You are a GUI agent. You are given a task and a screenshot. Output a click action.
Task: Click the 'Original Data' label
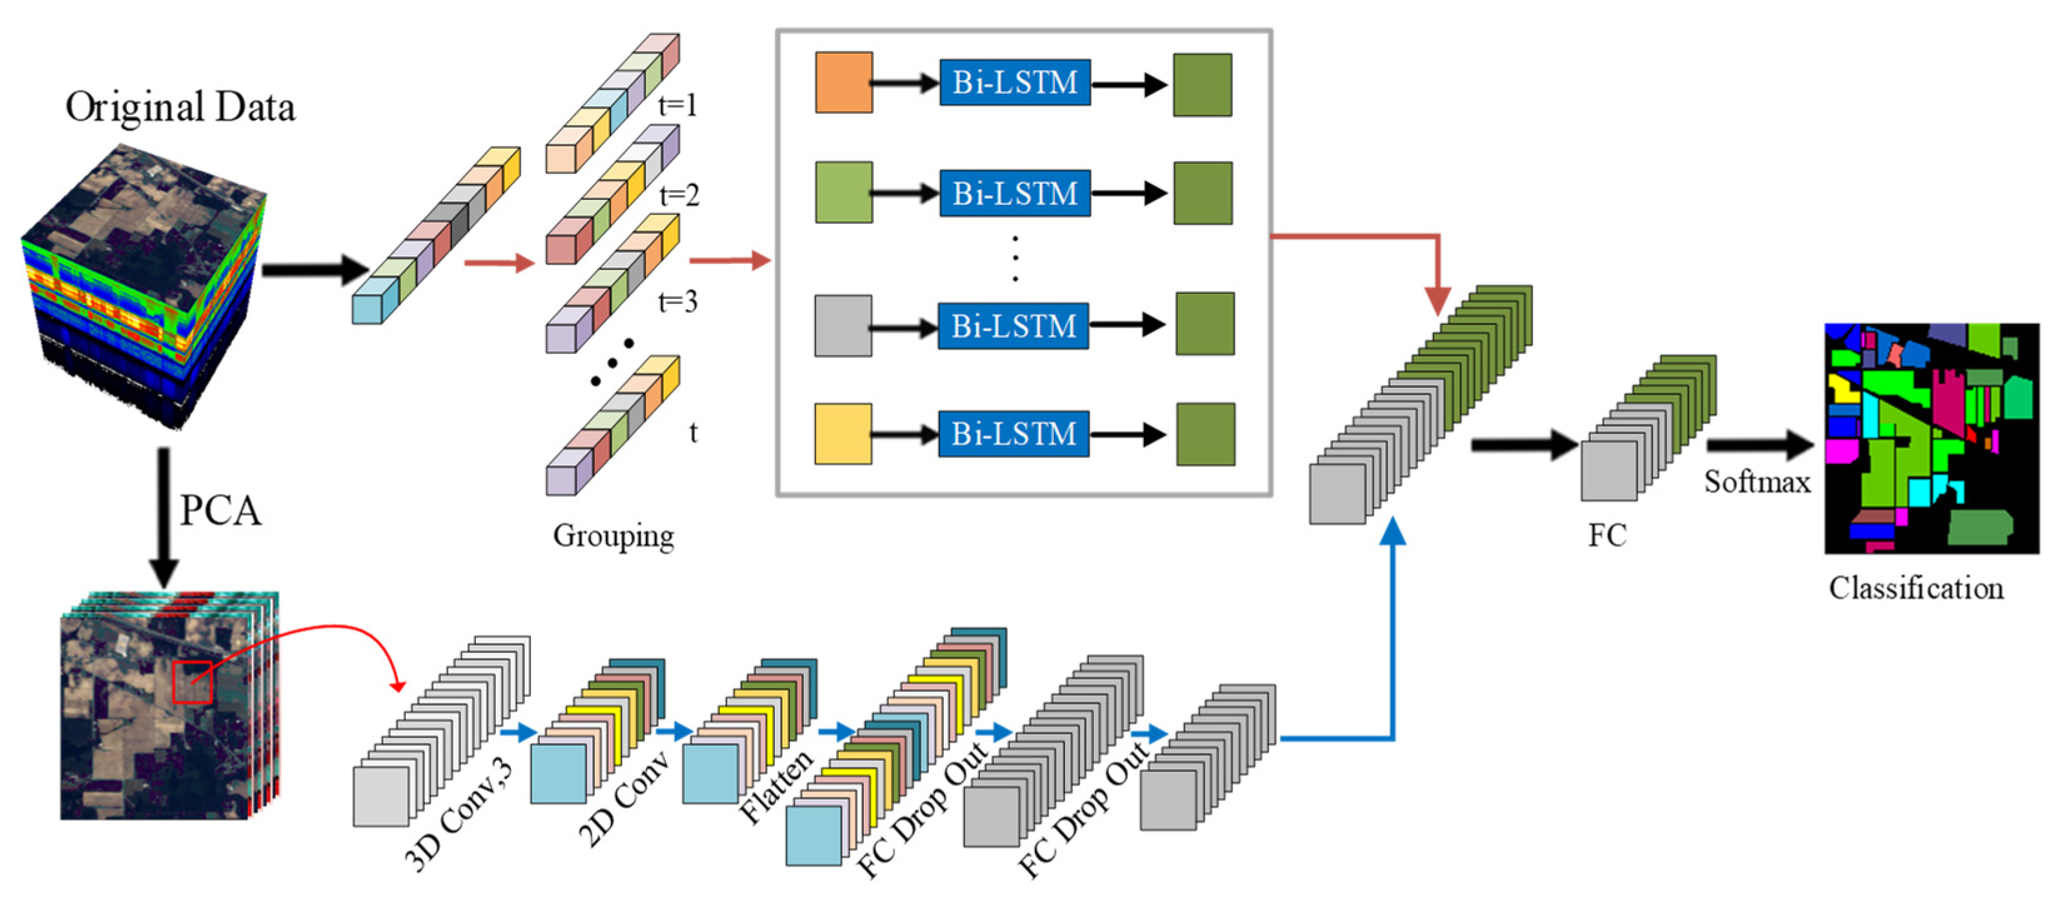tap(180, 107)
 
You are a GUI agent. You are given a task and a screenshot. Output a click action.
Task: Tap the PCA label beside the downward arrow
tap(221, 510)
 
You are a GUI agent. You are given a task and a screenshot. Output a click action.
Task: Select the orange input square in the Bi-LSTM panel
tap(844, 83)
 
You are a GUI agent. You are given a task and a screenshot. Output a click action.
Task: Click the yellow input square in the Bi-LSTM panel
tap(843, 434)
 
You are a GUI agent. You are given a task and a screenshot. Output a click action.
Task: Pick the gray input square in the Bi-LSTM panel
tap(843, 325)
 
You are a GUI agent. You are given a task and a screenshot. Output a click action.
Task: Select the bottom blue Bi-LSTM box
tap(1014, 434)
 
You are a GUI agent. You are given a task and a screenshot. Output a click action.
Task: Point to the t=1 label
tap(677, 104)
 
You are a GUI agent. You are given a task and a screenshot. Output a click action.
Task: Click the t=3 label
tap(677, 301)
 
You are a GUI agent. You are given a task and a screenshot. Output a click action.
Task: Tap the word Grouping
tap(613, 535)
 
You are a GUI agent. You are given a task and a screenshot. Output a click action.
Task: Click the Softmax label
tap(1757, 481)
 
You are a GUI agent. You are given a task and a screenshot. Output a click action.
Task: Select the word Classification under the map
tap(1916, 588)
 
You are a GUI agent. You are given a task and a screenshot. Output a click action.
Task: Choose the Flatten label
tap(775, 786)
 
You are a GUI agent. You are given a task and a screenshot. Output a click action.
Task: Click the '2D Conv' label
tap(622, 799)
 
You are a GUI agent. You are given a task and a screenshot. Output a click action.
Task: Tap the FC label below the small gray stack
tap(1607, 535)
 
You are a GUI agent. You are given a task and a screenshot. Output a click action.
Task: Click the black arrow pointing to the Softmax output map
tap(1759, 444)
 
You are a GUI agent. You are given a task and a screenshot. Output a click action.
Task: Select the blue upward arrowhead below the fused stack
tap(1393, 531)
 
